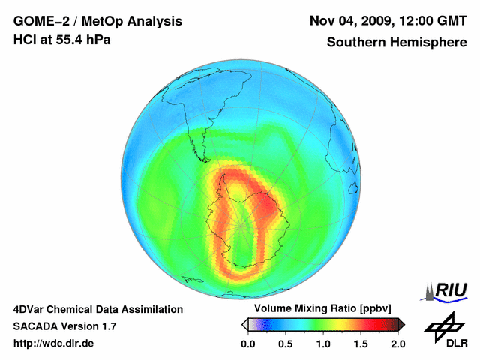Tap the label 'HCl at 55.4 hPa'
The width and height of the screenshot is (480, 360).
point(62,40)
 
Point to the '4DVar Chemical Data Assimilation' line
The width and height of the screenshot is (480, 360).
point(98,309)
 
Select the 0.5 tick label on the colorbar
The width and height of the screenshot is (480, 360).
point(286,343)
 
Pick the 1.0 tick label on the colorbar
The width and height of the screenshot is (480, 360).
point(323,343)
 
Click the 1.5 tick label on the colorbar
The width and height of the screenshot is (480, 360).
point(361,343)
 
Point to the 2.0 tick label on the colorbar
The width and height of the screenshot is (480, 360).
point(397,343)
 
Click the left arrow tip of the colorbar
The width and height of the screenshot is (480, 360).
point(244,324)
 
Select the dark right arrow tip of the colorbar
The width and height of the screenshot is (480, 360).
point(401,324)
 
